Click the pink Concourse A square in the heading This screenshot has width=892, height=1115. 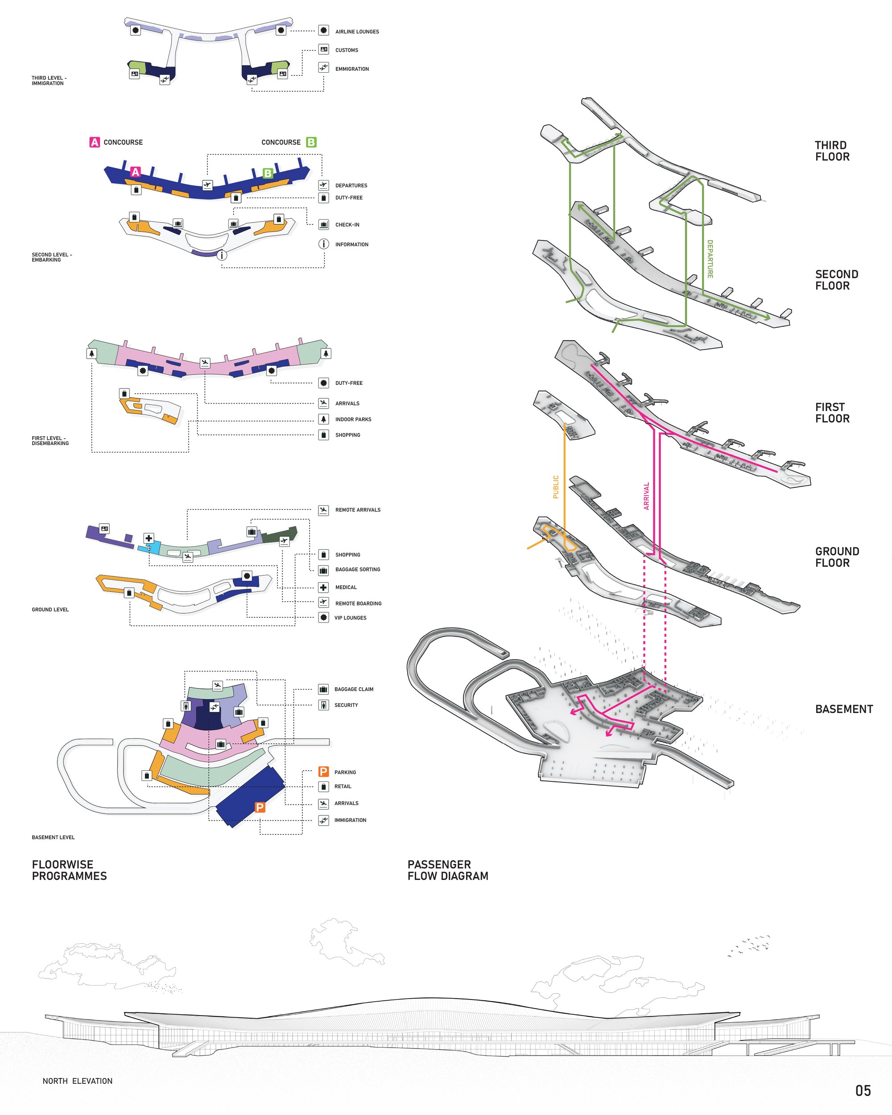point(94,142)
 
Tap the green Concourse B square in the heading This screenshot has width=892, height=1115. point(311,142)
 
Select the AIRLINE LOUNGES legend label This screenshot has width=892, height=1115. point(357,32)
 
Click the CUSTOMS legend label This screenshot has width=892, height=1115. point(347,50)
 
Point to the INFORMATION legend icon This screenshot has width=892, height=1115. point(324,244)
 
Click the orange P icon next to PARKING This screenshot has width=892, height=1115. point(324,772)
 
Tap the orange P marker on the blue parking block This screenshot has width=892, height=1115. point(260,807)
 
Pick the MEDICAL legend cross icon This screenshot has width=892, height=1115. point(324,587)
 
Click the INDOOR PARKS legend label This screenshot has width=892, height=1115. point(353,419)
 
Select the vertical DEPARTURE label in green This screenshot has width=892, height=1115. point(710,259)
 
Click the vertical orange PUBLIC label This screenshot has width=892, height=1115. point(556,487)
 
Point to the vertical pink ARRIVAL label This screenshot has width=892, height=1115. point(646,496)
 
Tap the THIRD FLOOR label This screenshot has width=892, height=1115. point(832,151)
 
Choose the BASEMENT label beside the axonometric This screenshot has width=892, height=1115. point(844,709)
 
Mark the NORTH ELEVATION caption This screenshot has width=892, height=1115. point(78,1081)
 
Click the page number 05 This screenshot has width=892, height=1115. point(863,1091)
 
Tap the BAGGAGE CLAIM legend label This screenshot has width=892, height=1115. point(354,690)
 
